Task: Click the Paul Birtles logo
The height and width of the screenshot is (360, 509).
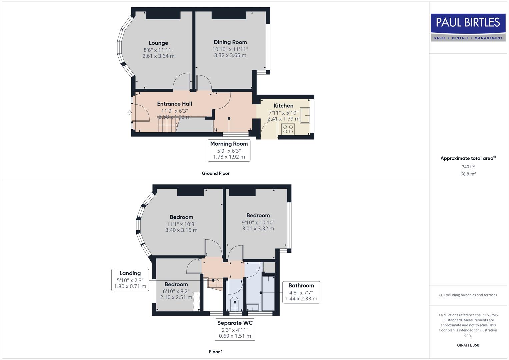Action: [x=468, y=27]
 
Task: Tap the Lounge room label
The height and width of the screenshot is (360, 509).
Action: [x=158, y=43]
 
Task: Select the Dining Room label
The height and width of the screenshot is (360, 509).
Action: [x=230, y=42]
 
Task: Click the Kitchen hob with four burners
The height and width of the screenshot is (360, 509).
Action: [x=288, y=129]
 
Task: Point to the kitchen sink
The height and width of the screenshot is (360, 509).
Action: [x=305, y=115]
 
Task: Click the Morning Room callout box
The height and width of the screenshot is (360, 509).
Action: [x=229, y=150]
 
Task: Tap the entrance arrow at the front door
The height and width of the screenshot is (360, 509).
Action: [x=129, y=113]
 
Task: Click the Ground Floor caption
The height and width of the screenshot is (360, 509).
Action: [x=216, y=173]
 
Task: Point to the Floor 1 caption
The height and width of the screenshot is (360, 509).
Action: [x=216, y=352]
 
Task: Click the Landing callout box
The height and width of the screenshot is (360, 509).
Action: [x=130, y=280]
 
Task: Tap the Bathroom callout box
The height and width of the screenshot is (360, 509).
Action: [x=301, y=292]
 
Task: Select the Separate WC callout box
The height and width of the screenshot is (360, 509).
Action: [x=235, y=329]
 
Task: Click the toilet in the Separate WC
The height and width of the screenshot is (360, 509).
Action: [x=235, y=303]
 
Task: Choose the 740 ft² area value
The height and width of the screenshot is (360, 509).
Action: [x=468, y=167]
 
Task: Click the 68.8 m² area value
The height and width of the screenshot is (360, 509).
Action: [x=468, y=174]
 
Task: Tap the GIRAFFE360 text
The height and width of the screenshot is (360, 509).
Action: [x=468, y=345]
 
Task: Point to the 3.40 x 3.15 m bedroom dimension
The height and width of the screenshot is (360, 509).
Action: [x=181, y=230]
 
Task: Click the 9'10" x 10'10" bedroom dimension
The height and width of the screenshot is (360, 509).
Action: [x=258, y=222]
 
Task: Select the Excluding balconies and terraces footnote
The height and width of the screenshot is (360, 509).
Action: [x=468, y=295]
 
